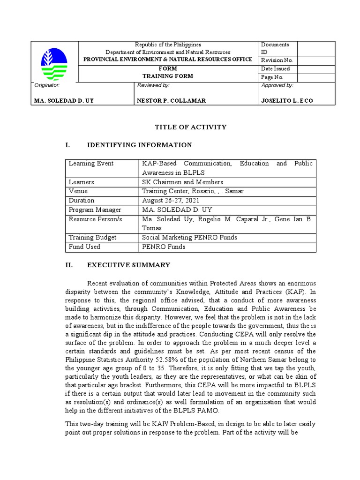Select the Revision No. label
pos(277,60)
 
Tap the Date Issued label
pos(276,68)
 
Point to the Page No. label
pos(272,77)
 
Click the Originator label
pos(47,85)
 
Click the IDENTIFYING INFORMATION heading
pos(140,145)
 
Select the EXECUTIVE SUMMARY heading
pos(129,265)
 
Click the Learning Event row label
pos(91,164)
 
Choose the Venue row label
pos(78,191)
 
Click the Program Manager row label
pos(95,210)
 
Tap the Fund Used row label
pos(85,247)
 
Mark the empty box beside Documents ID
pos(316,48)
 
